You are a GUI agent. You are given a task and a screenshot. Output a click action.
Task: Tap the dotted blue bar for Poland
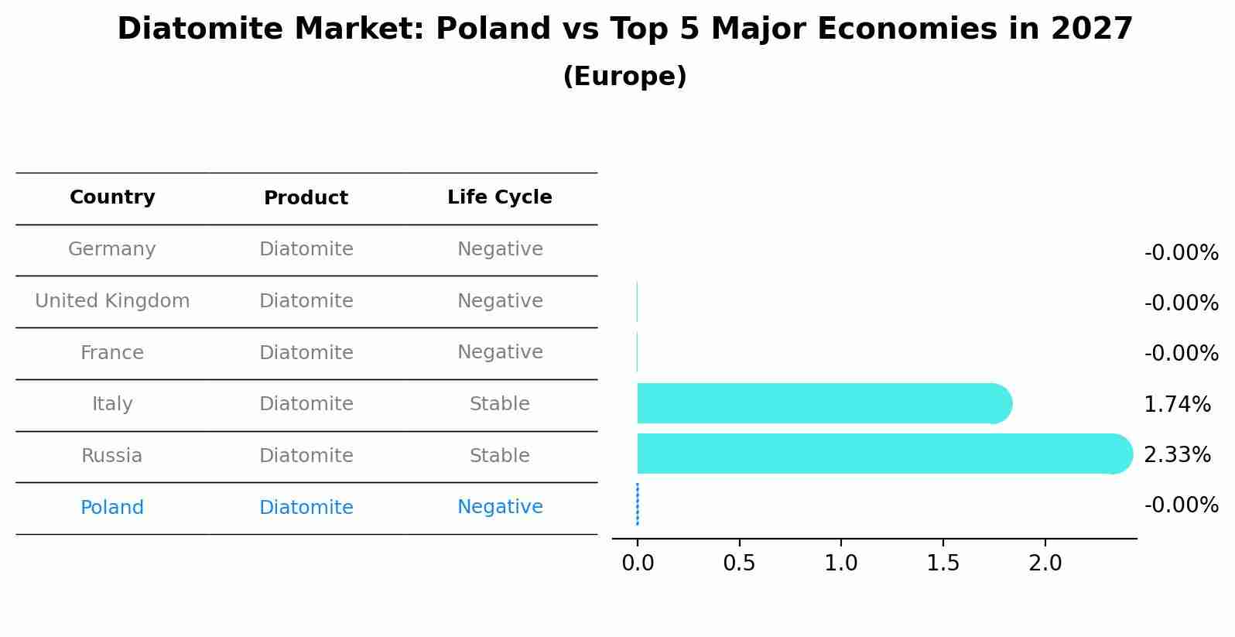(x=637, y=505)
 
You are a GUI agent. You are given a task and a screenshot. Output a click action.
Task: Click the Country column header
(x=112, y=197)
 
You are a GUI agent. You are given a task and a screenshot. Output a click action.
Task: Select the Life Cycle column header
(x=499, y=197)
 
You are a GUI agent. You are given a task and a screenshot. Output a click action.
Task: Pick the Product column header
(x=306, y=198)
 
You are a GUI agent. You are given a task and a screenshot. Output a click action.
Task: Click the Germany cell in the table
(x=112, y=249)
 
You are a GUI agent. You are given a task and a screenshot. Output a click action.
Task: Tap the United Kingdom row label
(x=112, y=301)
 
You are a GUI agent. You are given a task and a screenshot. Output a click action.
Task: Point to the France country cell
(x=112, y=353)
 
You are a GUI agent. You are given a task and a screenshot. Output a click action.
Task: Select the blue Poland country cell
(x=112, y=508)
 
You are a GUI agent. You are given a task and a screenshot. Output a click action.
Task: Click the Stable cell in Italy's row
(x=499, y=404)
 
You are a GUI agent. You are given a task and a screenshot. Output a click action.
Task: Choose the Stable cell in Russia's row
(x=499, y=456)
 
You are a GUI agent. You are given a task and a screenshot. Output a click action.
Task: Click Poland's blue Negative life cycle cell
(x=499, y=507)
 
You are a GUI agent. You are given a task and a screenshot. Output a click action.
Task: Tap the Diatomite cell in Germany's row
(x=306, y=249)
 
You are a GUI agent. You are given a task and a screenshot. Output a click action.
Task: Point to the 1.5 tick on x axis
(x=942, y=563)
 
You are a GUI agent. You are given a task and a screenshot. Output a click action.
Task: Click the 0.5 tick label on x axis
(x=739, y=563)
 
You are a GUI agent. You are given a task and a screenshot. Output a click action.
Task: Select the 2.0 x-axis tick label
(x=1045, y=563)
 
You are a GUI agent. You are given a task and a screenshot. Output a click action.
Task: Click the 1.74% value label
(x=1177, y=404)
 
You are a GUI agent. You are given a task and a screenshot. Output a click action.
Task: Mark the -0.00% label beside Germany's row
(x=1181, y=253)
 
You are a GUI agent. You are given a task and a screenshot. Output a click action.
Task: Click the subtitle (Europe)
(x=624, y=77)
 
